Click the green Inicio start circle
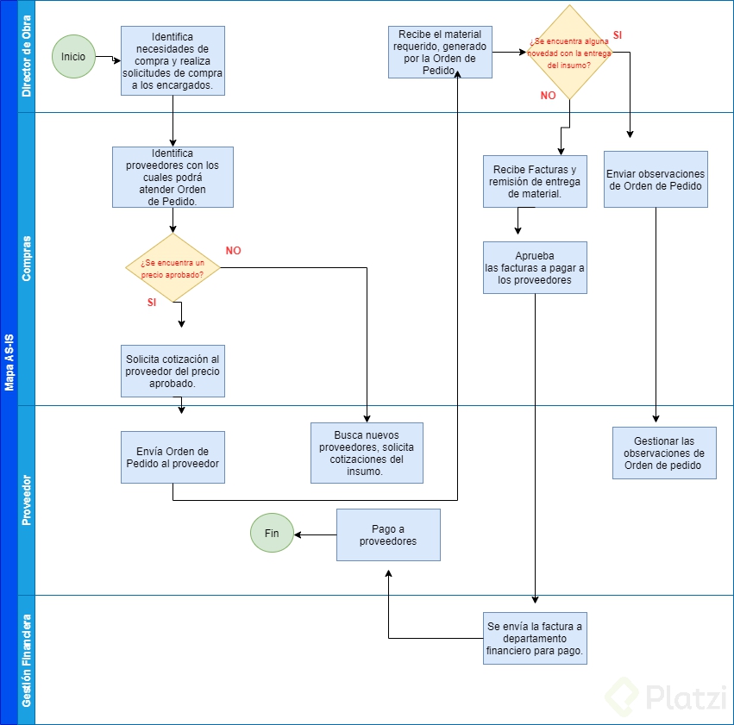click(73, 57)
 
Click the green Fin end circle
click(272, 533)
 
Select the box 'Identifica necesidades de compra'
click(173, 61)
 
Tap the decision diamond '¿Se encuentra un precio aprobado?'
click(173, 267)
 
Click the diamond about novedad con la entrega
click(569, 53)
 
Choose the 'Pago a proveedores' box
click(388, 534)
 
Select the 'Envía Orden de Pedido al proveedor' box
click(173, 457)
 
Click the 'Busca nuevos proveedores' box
click(367, 453)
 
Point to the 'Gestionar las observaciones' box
click(664, 453)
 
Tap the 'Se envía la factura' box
click(535, 638)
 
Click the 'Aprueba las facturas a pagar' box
click(535, 267)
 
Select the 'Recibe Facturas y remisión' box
click(535, 182)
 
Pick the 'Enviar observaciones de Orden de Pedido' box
click(656, 179)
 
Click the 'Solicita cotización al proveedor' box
click(173, 371)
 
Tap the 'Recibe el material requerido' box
click(440, 52)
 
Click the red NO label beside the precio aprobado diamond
click(233, 251)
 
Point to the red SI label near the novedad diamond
click(618, 35)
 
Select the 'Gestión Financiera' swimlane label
click(26, 660)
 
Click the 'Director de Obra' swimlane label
click(26, 56)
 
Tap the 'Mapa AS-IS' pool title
click(9, 362)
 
